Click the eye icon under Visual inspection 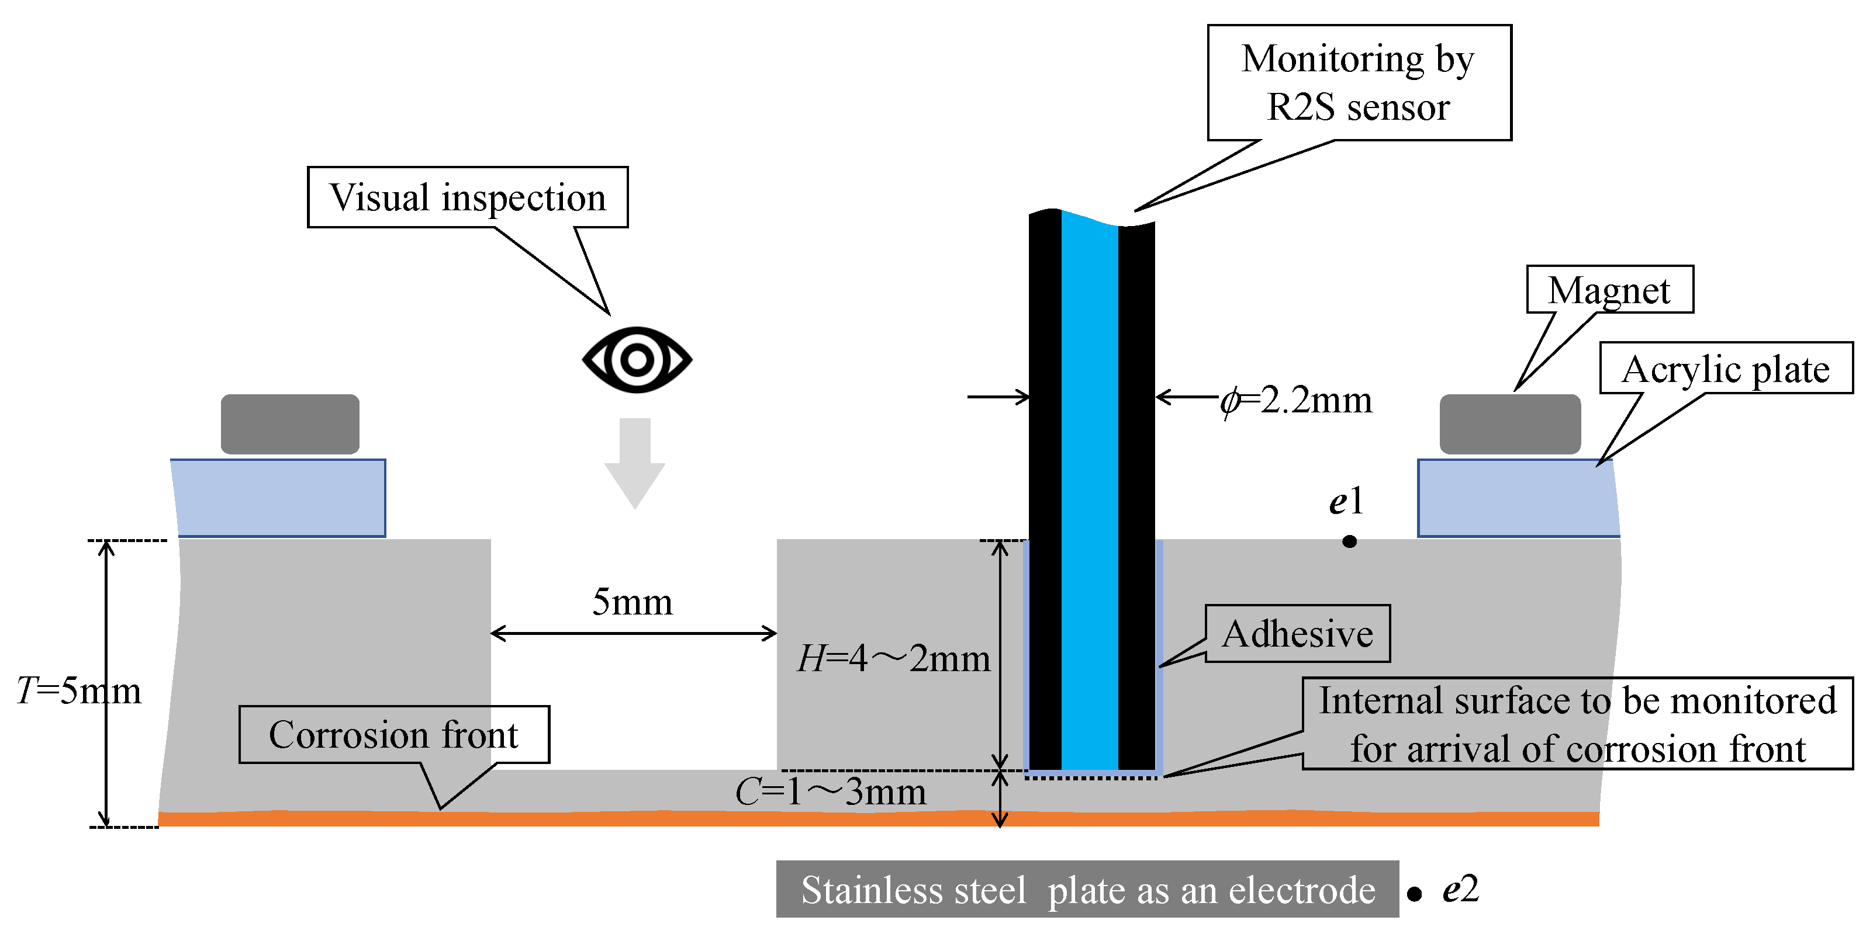tap(637, 360)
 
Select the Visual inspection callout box tap(468, 197)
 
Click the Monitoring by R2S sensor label tap(1358, 83)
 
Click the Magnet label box tap(1609, 290)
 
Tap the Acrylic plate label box tap(1726, 369)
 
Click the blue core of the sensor tap(1089, 494)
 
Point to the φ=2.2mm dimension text tap(1297, 400)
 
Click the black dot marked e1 tap(1349, 541)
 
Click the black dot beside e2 tap(1414, 894)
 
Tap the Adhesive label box tap(1298, 634)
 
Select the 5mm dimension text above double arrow tap(633, 602)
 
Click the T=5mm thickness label tap(78, 690)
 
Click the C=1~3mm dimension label tap(830, 791)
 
